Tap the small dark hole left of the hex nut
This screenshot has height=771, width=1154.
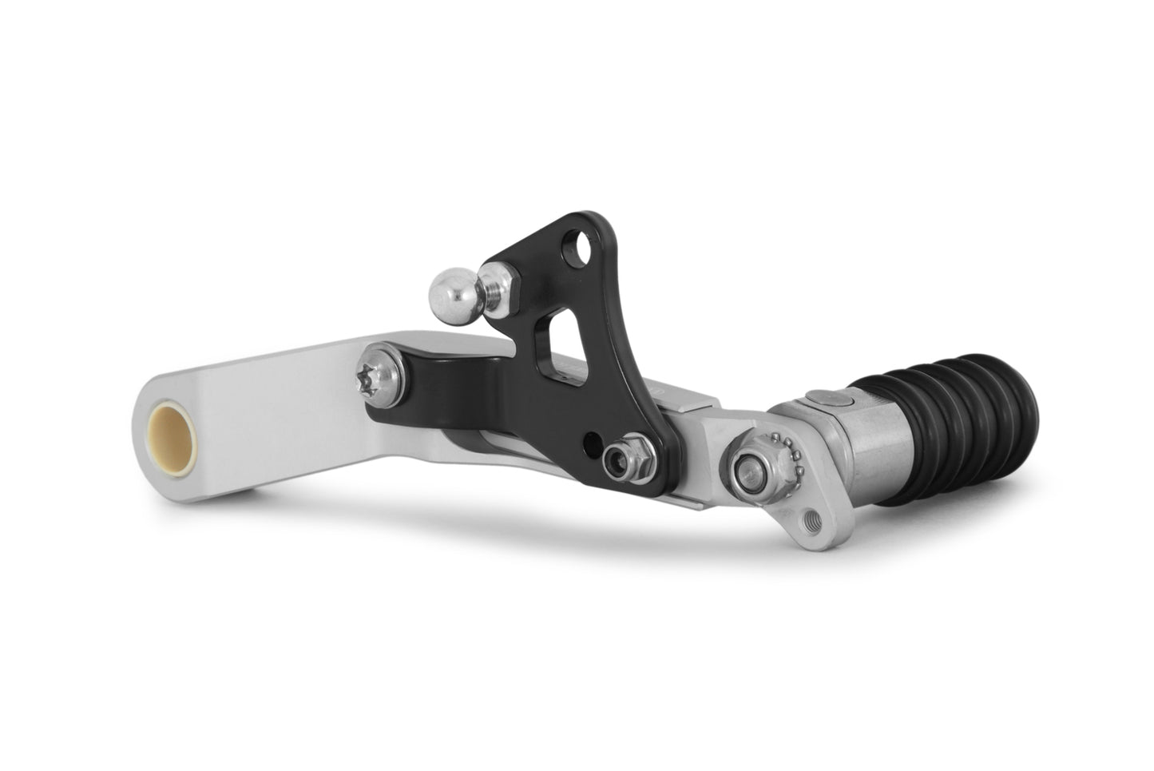pos(592,439)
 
